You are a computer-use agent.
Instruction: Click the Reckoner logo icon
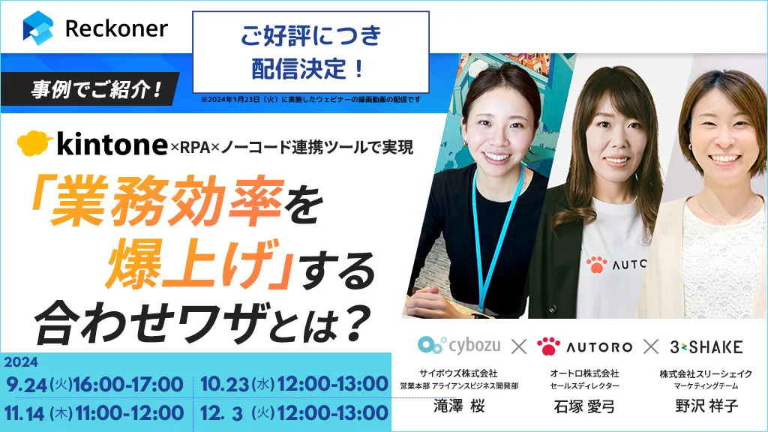click(37, 28)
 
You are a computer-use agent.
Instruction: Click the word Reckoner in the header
click(116, 28)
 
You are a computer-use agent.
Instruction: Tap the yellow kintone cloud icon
click(34, 143)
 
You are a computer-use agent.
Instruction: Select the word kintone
click(112, 145)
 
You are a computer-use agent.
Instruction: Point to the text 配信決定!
click(308, 68)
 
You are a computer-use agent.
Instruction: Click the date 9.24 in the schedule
click(26, 385)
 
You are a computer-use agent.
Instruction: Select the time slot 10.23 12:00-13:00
click(294, 384)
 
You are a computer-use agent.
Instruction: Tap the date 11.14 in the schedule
click(25, 414)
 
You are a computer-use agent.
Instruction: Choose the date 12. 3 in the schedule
click(221, 414)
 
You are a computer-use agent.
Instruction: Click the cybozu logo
click(459, 345)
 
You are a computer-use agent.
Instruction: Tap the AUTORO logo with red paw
click(584, 346)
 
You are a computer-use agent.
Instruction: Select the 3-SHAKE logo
click(706, 347)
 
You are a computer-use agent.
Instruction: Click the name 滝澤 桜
click(459, 406)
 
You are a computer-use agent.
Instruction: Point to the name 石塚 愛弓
click(583, 406)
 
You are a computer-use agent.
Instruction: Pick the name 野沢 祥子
click(706, 406)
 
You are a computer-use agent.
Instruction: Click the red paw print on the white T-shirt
click(596, 265)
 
